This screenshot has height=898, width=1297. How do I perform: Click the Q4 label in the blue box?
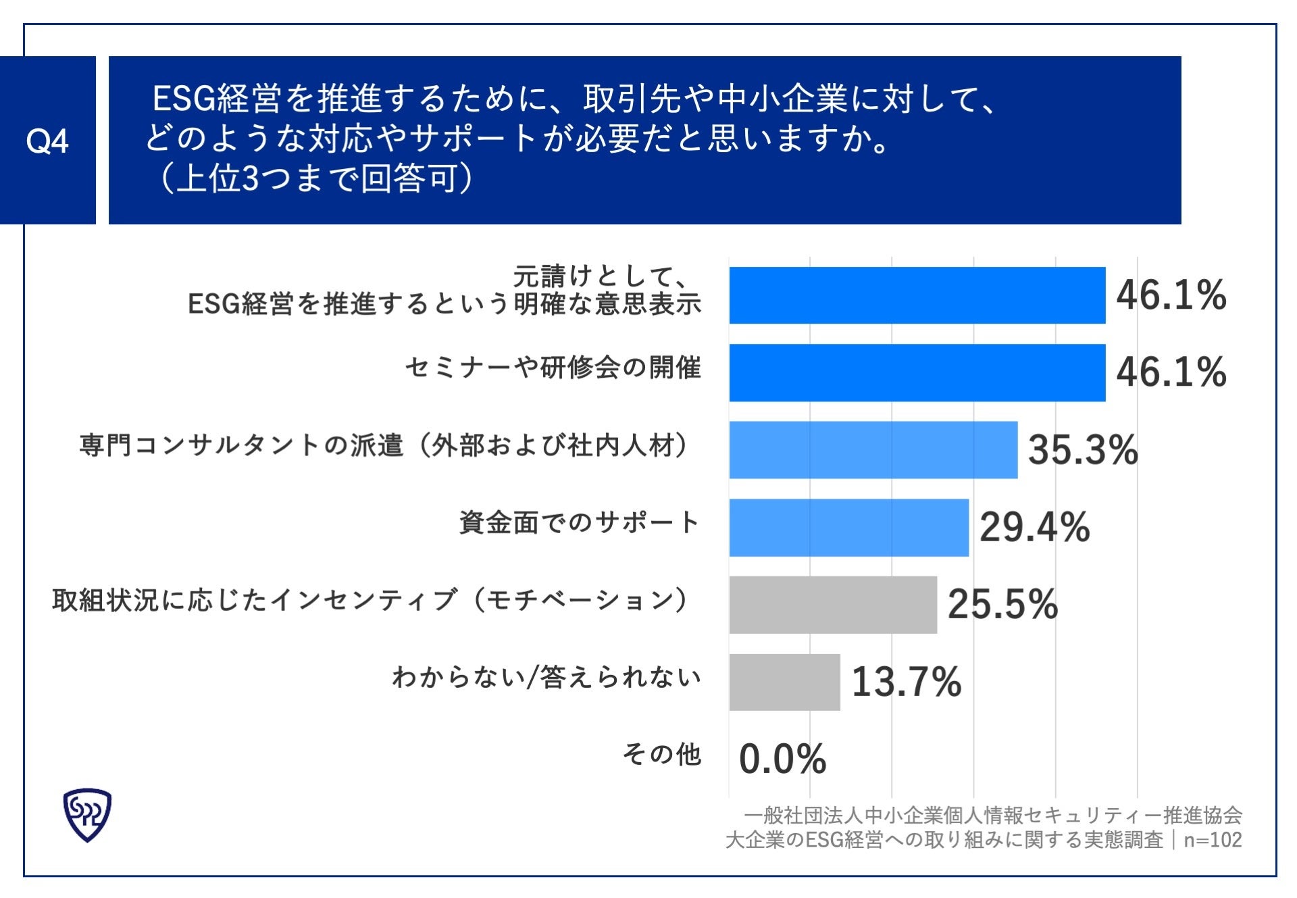47,141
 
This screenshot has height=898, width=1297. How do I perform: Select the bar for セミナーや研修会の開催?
917,372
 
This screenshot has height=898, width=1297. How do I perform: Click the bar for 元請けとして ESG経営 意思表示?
917,295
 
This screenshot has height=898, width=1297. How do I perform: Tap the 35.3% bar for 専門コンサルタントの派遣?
873,450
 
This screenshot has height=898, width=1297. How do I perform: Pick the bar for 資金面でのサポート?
848,527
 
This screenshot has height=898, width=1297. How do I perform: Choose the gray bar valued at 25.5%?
832,605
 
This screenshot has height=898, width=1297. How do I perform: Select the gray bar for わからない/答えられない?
784,682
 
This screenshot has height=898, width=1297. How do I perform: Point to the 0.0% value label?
782,759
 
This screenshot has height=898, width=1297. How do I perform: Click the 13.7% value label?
906,682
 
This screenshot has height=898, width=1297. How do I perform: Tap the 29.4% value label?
1034,527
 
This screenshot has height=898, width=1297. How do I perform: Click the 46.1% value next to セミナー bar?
1171,372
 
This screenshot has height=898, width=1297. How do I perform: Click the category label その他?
661,754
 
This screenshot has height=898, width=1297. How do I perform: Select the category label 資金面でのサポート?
579,522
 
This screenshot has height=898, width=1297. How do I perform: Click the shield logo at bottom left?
87,814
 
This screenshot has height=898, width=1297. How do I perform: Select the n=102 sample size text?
1213,840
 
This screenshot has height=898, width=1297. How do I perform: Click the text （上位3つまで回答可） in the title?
315,179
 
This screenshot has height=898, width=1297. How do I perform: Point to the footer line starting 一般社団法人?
992,816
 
